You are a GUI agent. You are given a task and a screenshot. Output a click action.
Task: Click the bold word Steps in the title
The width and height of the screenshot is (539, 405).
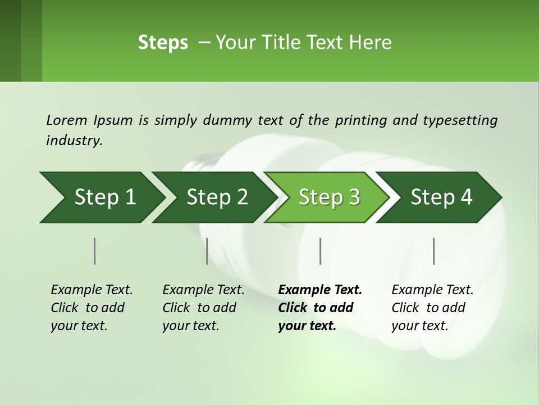163,43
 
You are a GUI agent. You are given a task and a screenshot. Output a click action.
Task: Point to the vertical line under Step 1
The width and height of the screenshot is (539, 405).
94,251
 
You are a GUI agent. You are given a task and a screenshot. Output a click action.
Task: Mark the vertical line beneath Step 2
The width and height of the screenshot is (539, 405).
207,251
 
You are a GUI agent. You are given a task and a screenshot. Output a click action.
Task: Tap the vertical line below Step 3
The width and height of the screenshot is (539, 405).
320,251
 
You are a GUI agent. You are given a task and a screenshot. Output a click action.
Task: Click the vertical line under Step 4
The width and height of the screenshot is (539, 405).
433,251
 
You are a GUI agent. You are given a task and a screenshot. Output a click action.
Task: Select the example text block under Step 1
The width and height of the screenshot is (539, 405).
92,308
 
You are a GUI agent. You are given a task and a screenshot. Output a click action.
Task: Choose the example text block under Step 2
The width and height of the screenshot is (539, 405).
203,308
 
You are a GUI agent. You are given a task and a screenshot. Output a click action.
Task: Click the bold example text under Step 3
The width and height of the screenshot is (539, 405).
319,308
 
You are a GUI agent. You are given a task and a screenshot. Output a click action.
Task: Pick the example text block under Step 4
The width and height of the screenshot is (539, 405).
432,308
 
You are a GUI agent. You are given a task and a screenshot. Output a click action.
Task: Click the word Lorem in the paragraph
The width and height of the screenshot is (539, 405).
66,120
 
